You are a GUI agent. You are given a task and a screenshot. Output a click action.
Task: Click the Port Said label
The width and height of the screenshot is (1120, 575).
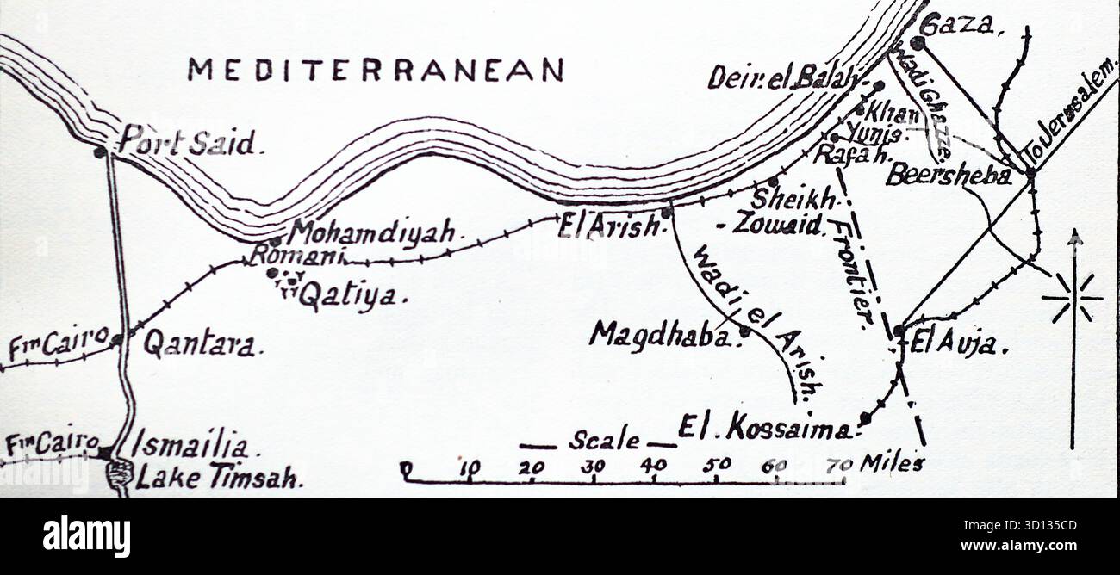click(187, 141)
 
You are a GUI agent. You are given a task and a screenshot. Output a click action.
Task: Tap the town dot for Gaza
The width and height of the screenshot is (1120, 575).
click(917, 41)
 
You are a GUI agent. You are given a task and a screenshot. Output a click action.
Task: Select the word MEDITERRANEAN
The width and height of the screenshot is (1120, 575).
click(376, 70)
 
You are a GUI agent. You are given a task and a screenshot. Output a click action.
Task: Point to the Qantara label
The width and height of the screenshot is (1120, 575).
click(199, 344)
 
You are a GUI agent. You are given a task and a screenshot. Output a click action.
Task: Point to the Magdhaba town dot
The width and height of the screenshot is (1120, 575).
click(744, 331)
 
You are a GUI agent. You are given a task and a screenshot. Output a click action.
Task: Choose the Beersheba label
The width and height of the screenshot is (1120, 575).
click(949, 175)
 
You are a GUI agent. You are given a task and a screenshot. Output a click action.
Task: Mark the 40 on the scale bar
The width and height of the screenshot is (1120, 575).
click(653, 466)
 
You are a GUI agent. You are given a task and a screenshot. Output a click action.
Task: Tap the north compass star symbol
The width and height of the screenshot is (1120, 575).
click(1073, 298)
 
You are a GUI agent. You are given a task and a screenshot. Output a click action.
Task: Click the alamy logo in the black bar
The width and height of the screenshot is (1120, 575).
click(86, 535)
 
